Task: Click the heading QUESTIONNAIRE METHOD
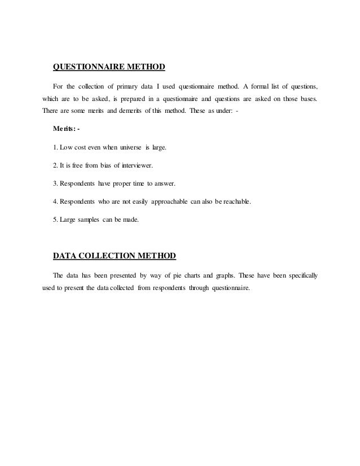(108, 68)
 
